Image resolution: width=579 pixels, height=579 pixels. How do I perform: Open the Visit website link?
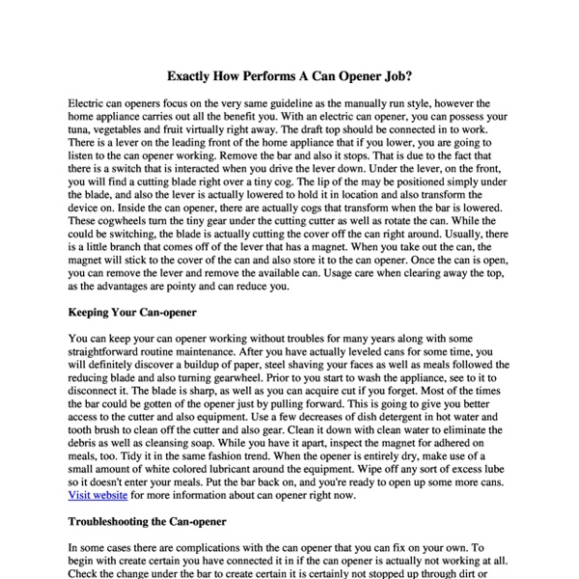point(99,496)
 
